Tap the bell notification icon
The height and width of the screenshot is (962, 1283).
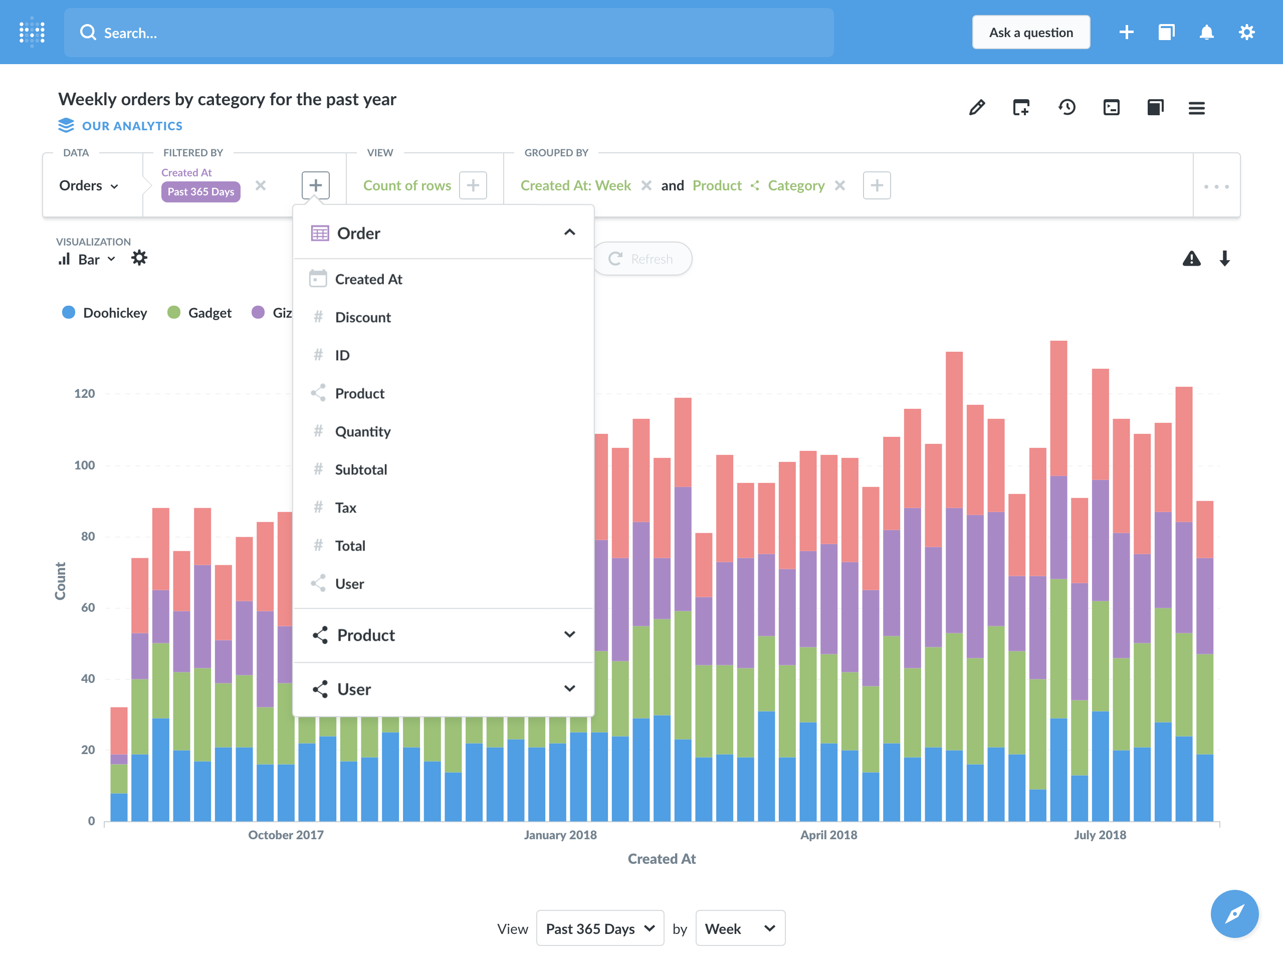coord(1206,33)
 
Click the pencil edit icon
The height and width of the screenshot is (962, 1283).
coord(977,107)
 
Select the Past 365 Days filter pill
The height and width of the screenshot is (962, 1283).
coord(200,191)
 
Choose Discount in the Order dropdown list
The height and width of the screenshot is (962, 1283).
coord(362,317)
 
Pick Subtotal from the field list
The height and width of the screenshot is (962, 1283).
coord(361,469)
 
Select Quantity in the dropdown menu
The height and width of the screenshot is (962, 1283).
coord(362,431)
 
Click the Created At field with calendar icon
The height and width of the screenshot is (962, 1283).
coord(368,279)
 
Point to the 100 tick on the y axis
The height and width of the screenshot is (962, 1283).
coord(85,465)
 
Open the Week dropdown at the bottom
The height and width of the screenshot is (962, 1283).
coord(740,928)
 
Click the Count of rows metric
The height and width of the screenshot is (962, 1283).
coord(406,185)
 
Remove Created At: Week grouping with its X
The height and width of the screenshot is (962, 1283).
coord(646,185)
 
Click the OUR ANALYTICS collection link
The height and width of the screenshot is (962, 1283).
coord(132,126)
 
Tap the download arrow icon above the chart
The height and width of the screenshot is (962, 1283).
coord(1224,259)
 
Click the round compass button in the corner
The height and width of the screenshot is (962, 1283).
coord(1234,914)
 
